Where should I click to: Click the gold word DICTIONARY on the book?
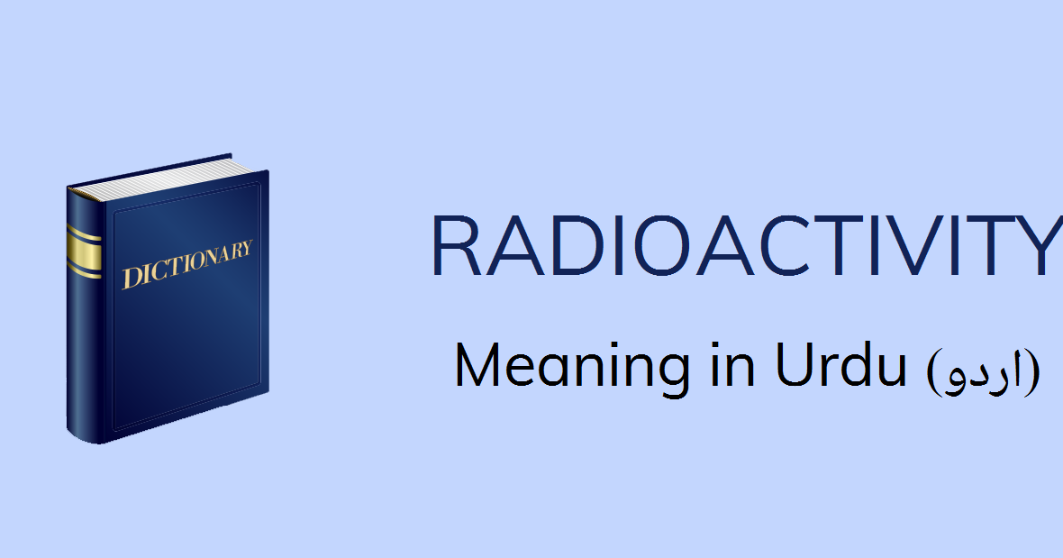tap(187, 264)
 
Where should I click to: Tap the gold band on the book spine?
tap(84, 252)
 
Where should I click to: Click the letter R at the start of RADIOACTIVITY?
tap(459, 246)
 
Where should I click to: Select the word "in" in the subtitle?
tap(733, 365)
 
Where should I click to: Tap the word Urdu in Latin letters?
tap(840, 365)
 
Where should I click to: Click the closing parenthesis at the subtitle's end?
tap(1034, 371)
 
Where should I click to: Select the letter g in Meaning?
tap(671, 376)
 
